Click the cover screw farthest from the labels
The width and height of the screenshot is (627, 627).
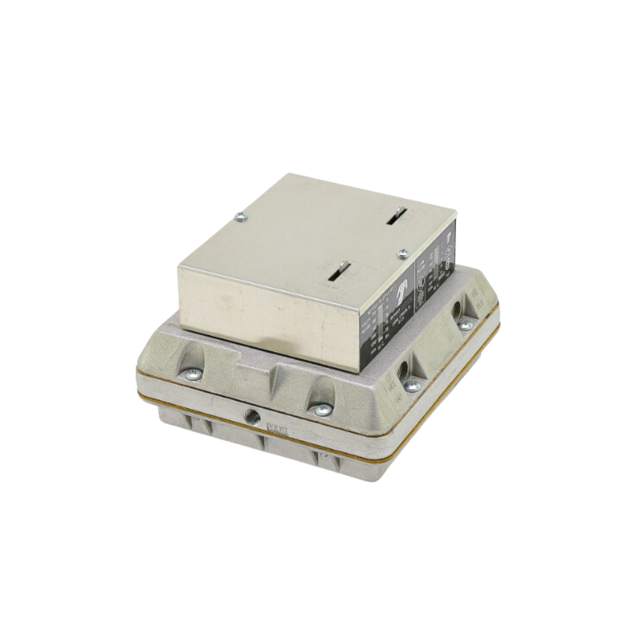pyautogui.click(x=238, y=218)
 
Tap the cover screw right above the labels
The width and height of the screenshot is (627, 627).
pyautogui.click(x=403, y=252)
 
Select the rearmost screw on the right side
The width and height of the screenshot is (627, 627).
pyautogui.click(x=465, y=325)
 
